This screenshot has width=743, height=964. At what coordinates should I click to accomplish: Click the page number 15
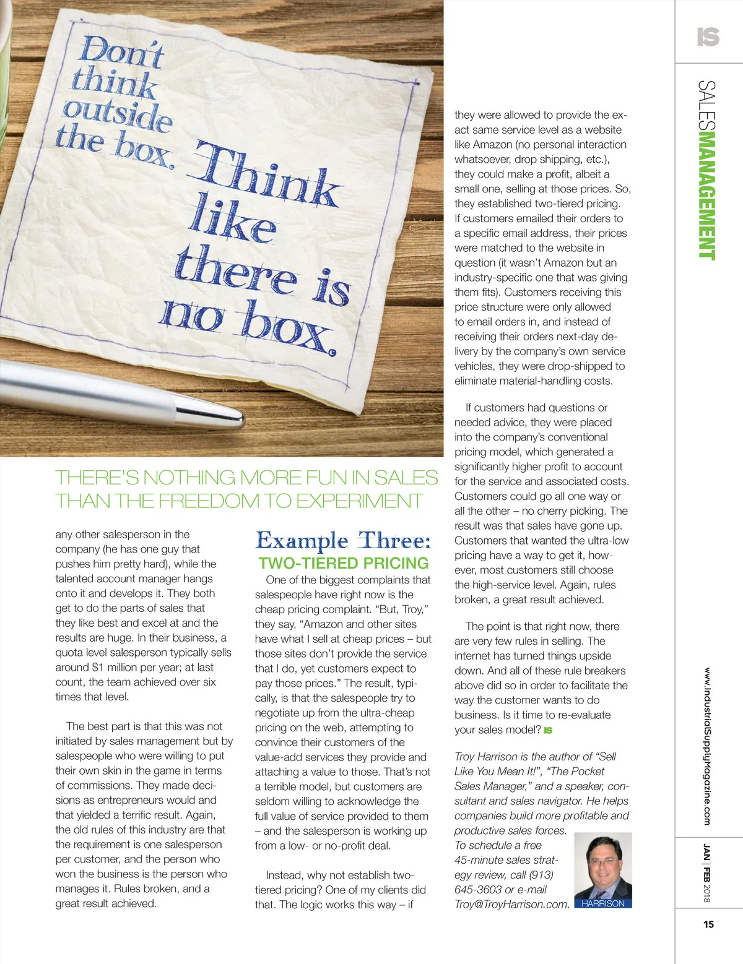[x=708, y=924]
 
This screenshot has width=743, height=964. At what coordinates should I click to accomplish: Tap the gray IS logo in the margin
[x=708, y=37]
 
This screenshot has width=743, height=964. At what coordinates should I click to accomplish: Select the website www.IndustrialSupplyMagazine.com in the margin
[x=707, y=746]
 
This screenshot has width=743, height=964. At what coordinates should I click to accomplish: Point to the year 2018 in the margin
[x=707, y=893]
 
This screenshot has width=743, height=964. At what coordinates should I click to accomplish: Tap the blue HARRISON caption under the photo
[x=602, y=903]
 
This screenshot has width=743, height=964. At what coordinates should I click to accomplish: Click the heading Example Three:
[x=344, y=541]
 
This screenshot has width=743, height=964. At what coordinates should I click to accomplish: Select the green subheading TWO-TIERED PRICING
[x=344, y=563]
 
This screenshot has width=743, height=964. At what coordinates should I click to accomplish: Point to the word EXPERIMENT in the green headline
[x=359, y=501]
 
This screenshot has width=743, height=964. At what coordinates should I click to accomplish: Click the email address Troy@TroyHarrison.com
[x=511, y=904]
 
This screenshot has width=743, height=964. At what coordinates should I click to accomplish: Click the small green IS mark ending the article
[x=548, y=730]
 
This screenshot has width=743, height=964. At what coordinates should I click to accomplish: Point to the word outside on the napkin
[x=117, y=114]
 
